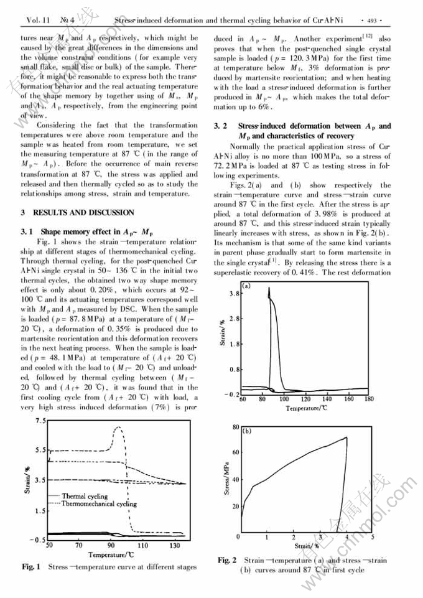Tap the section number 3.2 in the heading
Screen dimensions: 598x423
[220, 126]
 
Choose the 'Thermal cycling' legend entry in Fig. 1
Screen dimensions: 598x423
[85, 497]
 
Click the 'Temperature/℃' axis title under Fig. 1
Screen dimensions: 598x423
[112, 554]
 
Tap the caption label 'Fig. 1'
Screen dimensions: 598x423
[31, 567]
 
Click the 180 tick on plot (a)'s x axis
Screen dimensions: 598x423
[369, 399]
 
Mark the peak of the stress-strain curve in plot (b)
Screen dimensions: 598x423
[346, 437]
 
